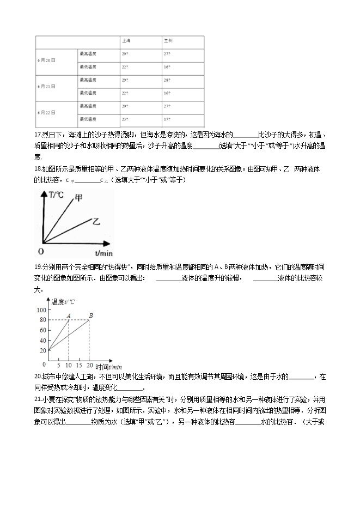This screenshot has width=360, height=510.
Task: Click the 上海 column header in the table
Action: tap(126, 41)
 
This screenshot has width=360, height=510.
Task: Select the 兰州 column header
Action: tap(168, 41)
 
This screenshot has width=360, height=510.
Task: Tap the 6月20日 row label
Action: tap(46, 60)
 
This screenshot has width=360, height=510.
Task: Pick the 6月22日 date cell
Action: tap(46, 112)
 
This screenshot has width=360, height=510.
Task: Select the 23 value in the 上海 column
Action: tap(125, 119)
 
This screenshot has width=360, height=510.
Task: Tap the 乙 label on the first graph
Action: tap(96, 222)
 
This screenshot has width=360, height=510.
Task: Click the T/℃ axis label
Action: tap(56, 195)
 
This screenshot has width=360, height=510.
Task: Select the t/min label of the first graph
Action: tap(103, 253)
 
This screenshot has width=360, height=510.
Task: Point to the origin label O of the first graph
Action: tap(40, 251)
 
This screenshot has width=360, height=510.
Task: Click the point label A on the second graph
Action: tap(69, 315)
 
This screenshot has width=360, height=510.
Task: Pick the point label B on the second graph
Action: tap(91, 315)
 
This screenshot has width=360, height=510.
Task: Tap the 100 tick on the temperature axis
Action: tap(41, 309)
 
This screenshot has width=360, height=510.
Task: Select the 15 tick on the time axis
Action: tap(78, 365)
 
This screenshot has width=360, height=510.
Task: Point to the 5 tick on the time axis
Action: tap(58, 365)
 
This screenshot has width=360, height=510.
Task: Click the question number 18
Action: tap(38, 169)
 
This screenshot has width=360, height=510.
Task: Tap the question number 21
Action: tap(38, 399)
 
